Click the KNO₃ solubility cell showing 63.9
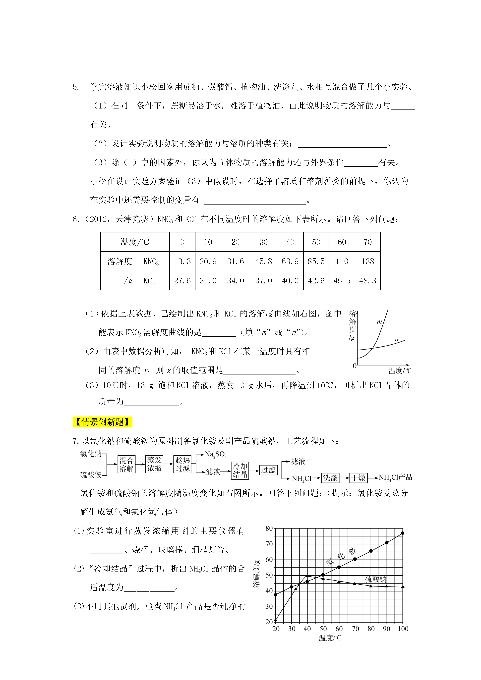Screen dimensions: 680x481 point(290,261)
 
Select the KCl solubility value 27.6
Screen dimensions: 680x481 point(182,280)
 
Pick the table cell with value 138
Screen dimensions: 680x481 point(367,261)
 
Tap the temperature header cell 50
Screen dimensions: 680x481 point(316,242)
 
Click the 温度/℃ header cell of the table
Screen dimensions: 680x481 point(135,242)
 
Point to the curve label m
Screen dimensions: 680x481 point(379,322)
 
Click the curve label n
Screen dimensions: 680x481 point(397,339)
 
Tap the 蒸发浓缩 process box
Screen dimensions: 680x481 point(154,464)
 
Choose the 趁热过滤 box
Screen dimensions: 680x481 point(182,464)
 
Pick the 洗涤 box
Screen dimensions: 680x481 point(330,478)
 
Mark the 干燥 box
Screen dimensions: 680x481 point(358,478)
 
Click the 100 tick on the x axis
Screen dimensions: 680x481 point(403,629)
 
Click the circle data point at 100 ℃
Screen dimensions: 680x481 point(402,533)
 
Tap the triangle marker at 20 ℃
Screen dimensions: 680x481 point(276,620)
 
